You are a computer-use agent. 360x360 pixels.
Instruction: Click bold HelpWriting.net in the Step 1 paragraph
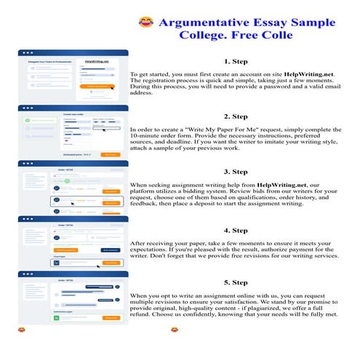click(308, 75)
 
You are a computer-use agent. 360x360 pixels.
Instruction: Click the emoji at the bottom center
click(175, 331)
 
